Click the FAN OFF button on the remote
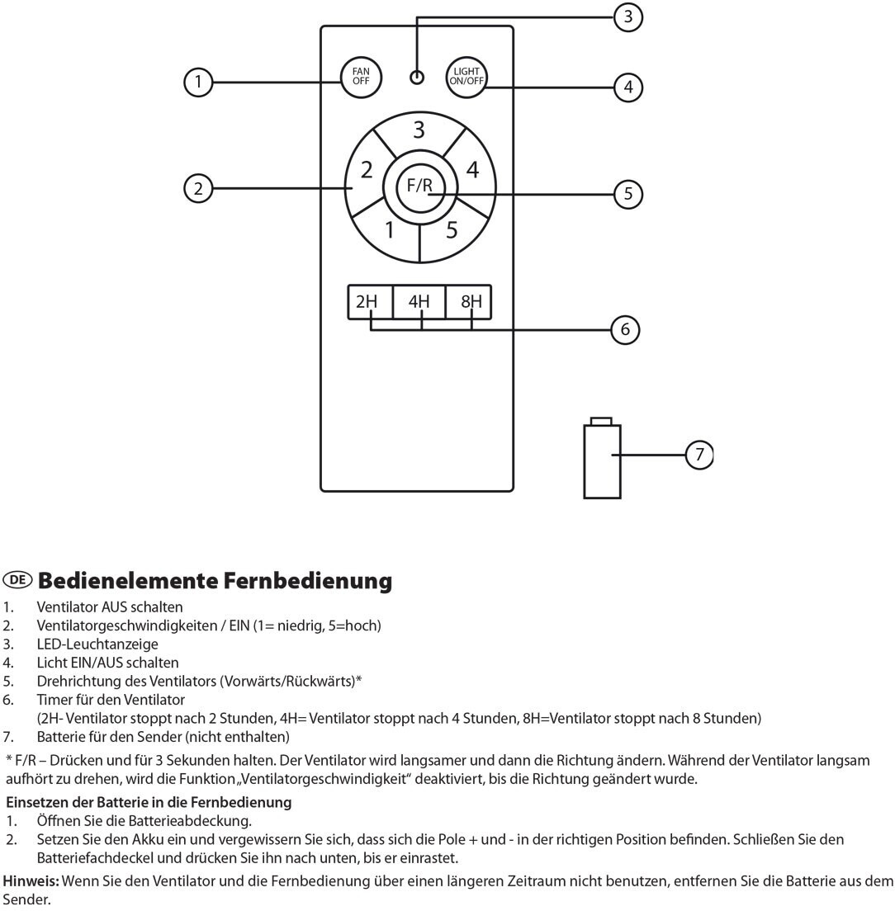click(x=361, y=77)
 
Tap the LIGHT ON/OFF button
click(x=466, y=77)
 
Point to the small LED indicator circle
click(x=417, y=78)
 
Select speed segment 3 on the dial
click(x=419, y=131)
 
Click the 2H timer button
click(x=370, y=301)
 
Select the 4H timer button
click(x=419, y=301)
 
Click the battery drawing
click(x=602, y=459)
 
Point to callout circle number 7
click(x=699, y=454)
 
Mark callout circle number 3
click(x=628, y=17)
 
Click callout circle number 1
click(x=198, y=82)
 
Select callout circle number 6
click(x=625, y=329)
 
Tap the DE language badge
click(x=17, y=580)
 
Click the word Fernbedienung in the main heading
click(x=308, y=580)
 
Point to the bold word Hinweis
click(x=31, y=880)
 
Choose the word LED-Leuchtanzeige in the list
click(x=97, y=644)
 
